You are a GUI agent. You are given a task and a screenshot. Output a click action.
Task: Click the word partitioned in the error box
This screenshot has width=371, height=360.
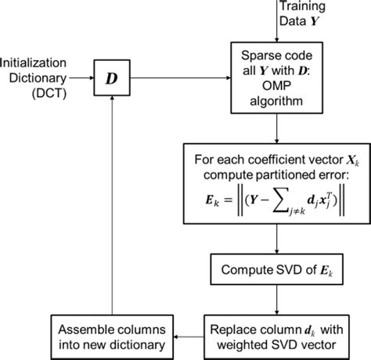coord(275,179)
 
